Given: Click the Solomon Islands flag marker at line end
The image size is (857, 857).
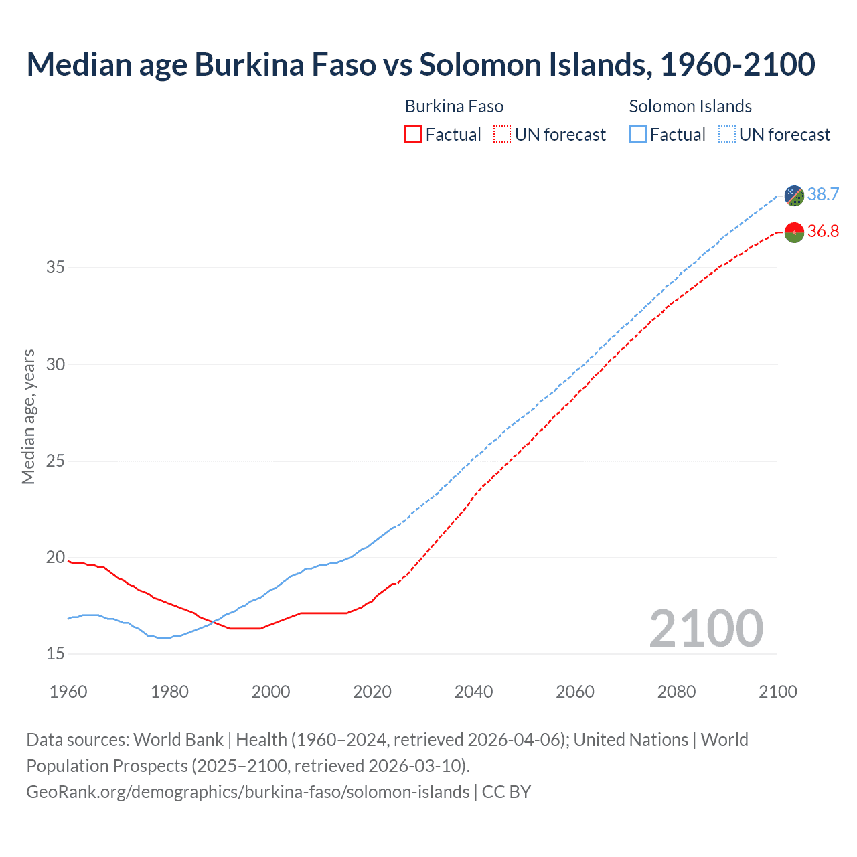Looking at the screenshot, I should pos(794,195).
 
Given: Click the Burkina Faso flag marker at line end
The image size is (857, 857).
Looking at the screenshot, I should pos(794,232).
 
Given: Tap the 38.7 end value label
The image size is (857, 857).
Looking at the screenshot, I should pos(823,194).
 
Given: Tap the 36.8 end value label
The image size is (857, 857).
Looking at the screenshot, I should pos(823,232).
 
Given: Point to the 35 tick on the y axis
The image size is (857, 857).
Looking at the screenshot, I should pos(56,268).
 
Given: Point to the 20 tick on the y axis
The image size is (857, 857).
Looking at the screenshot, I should pos(56,558).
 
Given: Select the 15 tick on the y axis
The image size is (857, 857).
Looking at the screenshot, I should pos(56,654).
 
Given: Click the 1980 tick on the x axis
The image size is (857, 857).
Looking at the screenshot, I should pos(169,692).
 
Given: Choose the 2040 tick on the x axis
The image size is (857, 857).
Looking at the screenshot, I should pos(473,692).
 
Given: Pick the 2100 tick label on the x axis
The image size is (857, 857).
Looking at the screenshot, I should pos(777,692).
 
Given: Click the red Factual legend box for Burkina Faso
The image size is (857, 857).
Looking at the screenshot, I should pos(413,135).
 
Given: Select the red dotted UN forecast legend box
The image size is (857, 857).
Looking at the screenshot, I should pos(502,135).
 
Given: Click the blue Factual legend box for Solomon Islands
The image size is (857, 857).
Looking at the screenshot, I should pos(638,135).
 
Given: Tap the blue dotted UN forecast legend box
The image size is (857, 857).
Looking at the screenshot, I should pos(727,135).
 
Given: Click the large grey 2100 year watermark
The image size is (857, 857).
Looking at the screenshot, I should pos(706,628).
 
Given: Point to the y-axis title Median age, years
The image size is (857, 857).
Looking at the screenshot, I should pos(28,416).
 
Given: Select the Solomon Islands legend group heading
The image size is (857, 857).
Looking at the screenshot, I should pos(690,106).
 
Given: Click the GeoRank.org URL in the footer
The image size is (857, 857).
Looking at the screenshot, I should pos(248,792).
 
